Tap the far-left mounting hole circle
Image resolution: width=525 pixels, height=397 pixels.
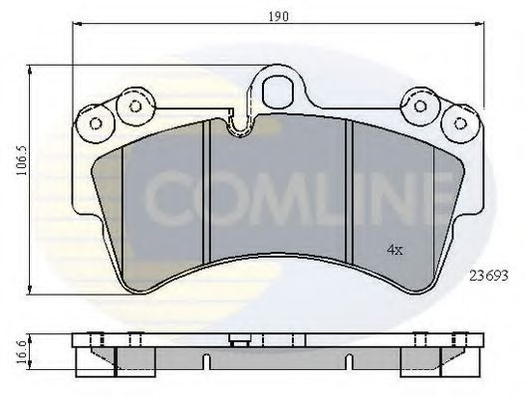[97, 123]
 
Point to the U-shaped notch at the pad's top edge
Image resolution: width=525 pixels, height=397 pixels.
[237, 127]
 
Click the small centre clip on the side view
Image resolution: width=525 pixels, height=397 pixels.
[238, 342]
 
